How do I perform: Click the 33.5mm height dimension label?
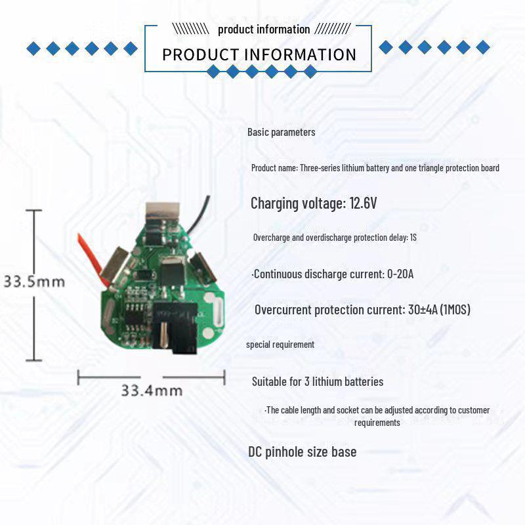(33, 282)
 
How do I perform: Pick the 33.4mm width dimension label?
(151, 390)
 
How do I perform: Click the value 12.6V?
(362, 203)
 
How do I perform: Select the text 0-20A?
(400, 274)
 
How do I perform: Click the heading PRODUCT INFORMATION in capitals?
(259, 54)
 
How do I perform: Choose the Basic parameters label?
(281, 132)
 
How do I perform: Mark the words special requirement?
(280, 345)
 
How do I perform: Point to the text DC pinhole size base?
(302, 451)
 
